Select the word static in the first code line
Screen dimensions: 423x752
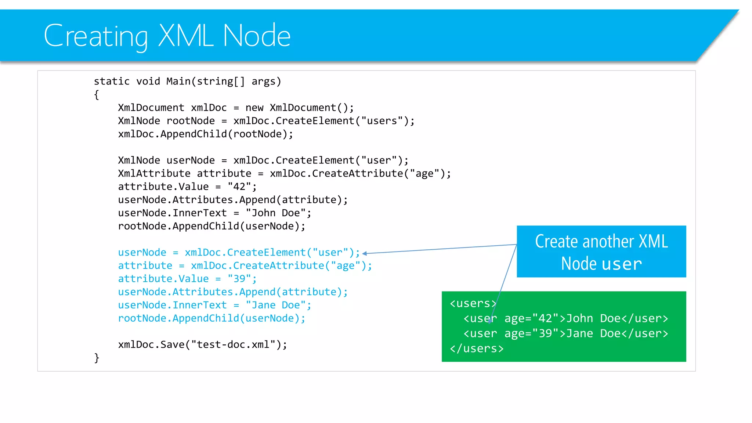[x=112, y=81]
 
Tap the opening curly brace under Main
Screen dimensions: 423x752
[x=97, y=95]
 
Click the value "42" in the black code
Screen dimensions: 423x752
[x=239, y=187]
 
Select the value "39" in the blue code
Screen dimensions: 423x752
[x=239, y=279]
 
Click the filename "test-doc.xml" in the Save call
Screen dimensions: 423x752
[x=233, y=344]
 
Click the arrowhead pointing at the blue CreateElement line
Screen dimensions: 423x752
[x=365, y=253]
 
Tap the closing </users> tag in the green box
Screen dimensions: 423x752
[x=477, y=348]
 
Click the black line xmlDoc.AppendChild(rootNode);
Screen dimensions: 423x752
[x=206, y=134]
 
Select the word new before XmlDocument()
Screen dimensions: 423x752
[x=254, y=108]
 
